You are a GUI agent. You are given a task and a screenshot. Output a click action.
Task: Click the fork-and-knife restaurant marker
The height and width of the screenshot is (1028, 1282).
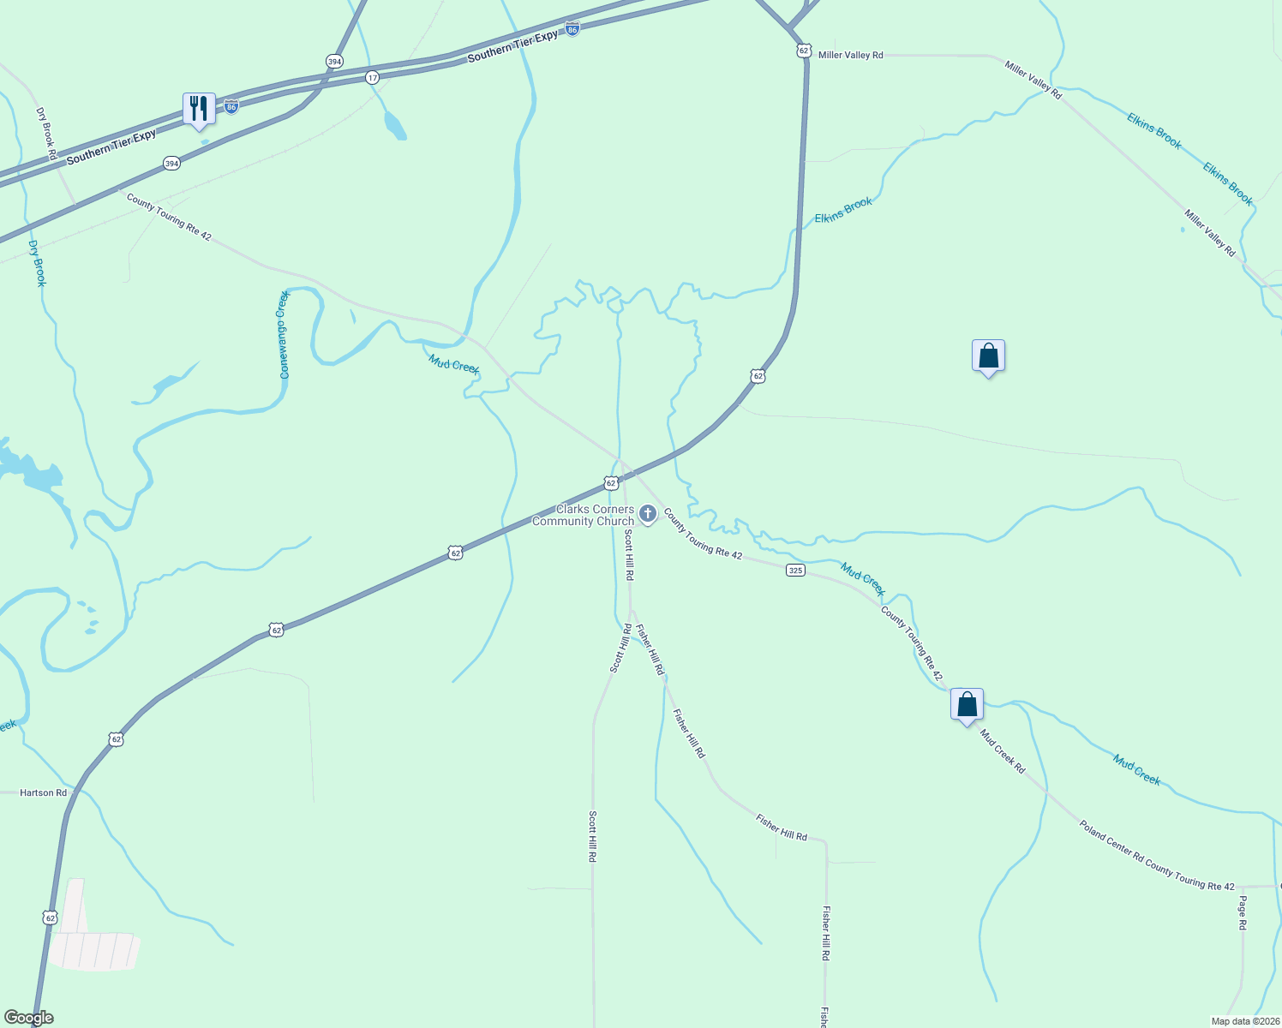tap(199, 109)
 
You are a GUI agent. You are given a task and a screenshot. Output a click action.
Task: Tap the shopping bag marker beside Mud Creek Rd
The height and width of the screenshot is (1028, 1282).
tap(967, 705)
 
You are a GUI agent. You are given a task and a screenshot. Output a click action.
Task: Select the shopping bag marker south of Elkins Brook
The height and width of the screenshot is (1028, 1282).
tap(988, 356)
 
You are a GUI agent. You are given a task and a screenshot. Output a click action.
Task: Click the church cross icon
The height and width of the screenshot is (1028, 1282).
tap(648, 514)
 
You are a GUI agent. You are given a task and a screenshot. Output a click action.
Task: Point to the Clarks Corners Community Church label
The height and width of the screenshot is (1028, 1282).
tap(584, 515)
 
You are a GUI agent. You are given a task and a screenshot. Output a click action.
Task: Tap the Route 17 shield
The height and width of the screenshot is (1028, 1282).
tap(372, 77)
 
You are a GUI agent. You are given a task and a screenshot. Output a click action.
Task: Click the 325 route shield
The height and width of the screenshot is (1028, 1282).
tap(795, 571)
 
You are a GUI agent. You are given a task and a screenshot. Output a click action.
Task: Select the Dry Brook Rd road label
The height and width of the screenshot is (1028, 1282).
tap(46, 134)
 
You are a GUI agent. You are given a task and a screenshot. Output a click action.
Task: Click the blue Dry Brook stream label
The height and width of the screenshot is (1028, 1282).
tap(37, 263)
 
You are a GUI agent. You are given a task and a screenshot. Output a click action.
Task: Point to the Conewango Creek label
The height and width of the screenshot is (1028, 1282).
tap(285, 335)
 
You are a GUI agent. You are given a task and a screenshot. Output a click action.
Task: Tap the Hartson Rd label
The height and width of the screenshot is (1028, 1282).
tap(44, 793)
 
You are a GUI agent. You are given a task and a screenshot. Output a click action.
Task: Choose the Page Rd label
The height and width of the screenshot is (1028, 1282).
tap(1242, 913)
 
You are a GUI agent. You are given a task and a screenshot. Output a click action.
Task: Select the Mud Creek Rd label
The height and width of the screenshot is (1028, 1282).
tap(1002, 751)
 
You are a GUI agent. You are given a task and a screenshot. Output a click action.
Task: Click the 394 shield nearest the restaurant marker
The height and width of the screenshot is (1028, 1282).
tap(172, 163)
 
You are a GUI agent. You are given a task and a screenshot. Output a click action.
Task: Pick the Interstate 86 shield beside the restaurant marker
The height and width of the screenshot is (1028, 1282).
tap(231, 106)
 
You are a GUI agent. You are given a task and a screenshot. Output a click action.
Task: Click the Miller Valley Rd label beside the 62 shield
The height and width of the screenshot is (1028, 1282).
tap(850, 55)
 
